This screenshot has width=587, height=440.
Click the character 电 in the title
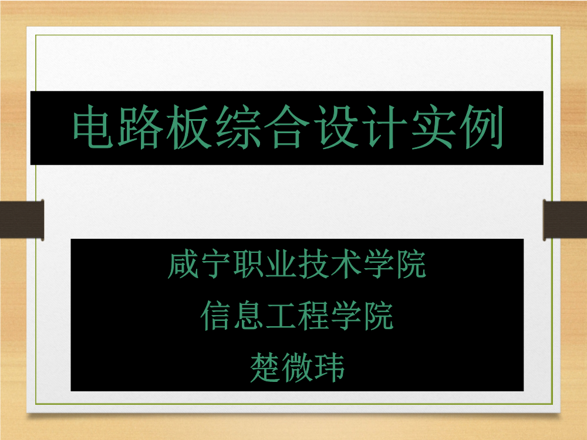point(93,127)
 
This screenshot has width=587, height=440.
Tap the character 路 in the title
point(141,127)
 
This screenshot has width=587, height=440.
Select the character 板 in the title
point(190,127)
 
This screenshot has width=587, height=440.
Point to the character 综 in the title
point(238,127)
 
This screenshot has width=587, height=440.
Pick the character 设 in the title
point(336,127)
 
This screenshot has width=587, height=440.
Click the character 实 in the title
point(433,127)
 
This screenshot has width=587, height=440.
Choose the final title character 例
point(482,127)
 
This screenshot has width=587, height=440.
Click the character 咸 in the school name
point(183,264)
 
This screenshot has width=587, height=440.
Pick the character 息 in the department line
point(248,316)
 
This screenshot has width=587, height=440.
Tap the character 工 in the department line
point(281,316)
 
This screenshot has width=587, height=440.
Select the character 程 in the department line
point(313,316)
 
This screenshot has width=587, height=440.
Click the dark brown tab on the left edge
point(22,219)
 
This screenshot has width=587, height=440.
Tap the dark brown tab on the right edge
point(565,219)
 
